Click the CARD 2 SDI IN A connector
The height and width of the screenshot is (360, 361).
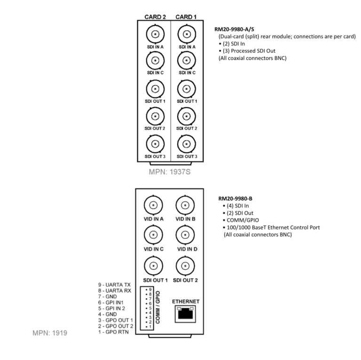click(155, 34)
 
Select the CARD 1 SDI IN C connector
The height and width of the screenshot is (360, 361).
click(187, 61)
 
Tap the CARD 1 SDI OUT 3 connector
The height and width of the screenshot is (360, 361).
click(187, 144)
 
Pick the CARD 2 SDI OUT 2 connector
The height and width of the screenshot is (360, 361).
click(155, 116)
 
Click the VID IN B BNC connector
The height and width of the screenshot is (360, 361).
click(185, 205)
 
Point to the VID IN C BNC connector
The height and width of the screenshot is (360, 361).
click(153, 235)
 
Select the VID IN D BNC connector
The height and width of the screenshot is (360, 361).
click(185, 235)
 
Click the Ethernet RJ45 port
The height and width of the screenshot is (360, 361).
click(185, 314)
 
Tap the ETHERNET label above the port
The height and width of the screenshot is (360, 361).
click(186, 301)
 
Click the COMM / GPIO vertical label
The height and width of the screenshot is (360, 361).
click(158, 307)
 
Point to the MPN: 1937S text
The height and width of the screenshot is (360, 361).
click(170, 172)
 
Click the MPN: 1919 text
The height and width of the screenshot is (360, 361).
click(50, 333)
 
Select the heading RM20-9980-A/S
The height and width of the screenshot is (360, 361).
click(234, 29)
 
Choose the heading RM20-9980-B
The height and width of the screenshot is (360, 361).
click(235, 198)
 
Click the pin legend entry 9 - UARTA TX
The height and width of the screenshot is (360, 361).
click(114, 285)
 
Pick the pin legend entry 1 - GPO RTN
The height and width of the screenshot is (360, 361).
click(113, 332)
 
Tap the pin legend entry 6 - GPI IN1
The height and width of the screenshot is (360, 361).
click(111, 303)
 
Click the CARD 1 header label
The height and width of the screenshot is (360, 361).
click(186, 17)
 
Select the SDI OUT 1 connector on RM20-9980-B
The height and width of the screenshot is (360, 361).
click(153, 266)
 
